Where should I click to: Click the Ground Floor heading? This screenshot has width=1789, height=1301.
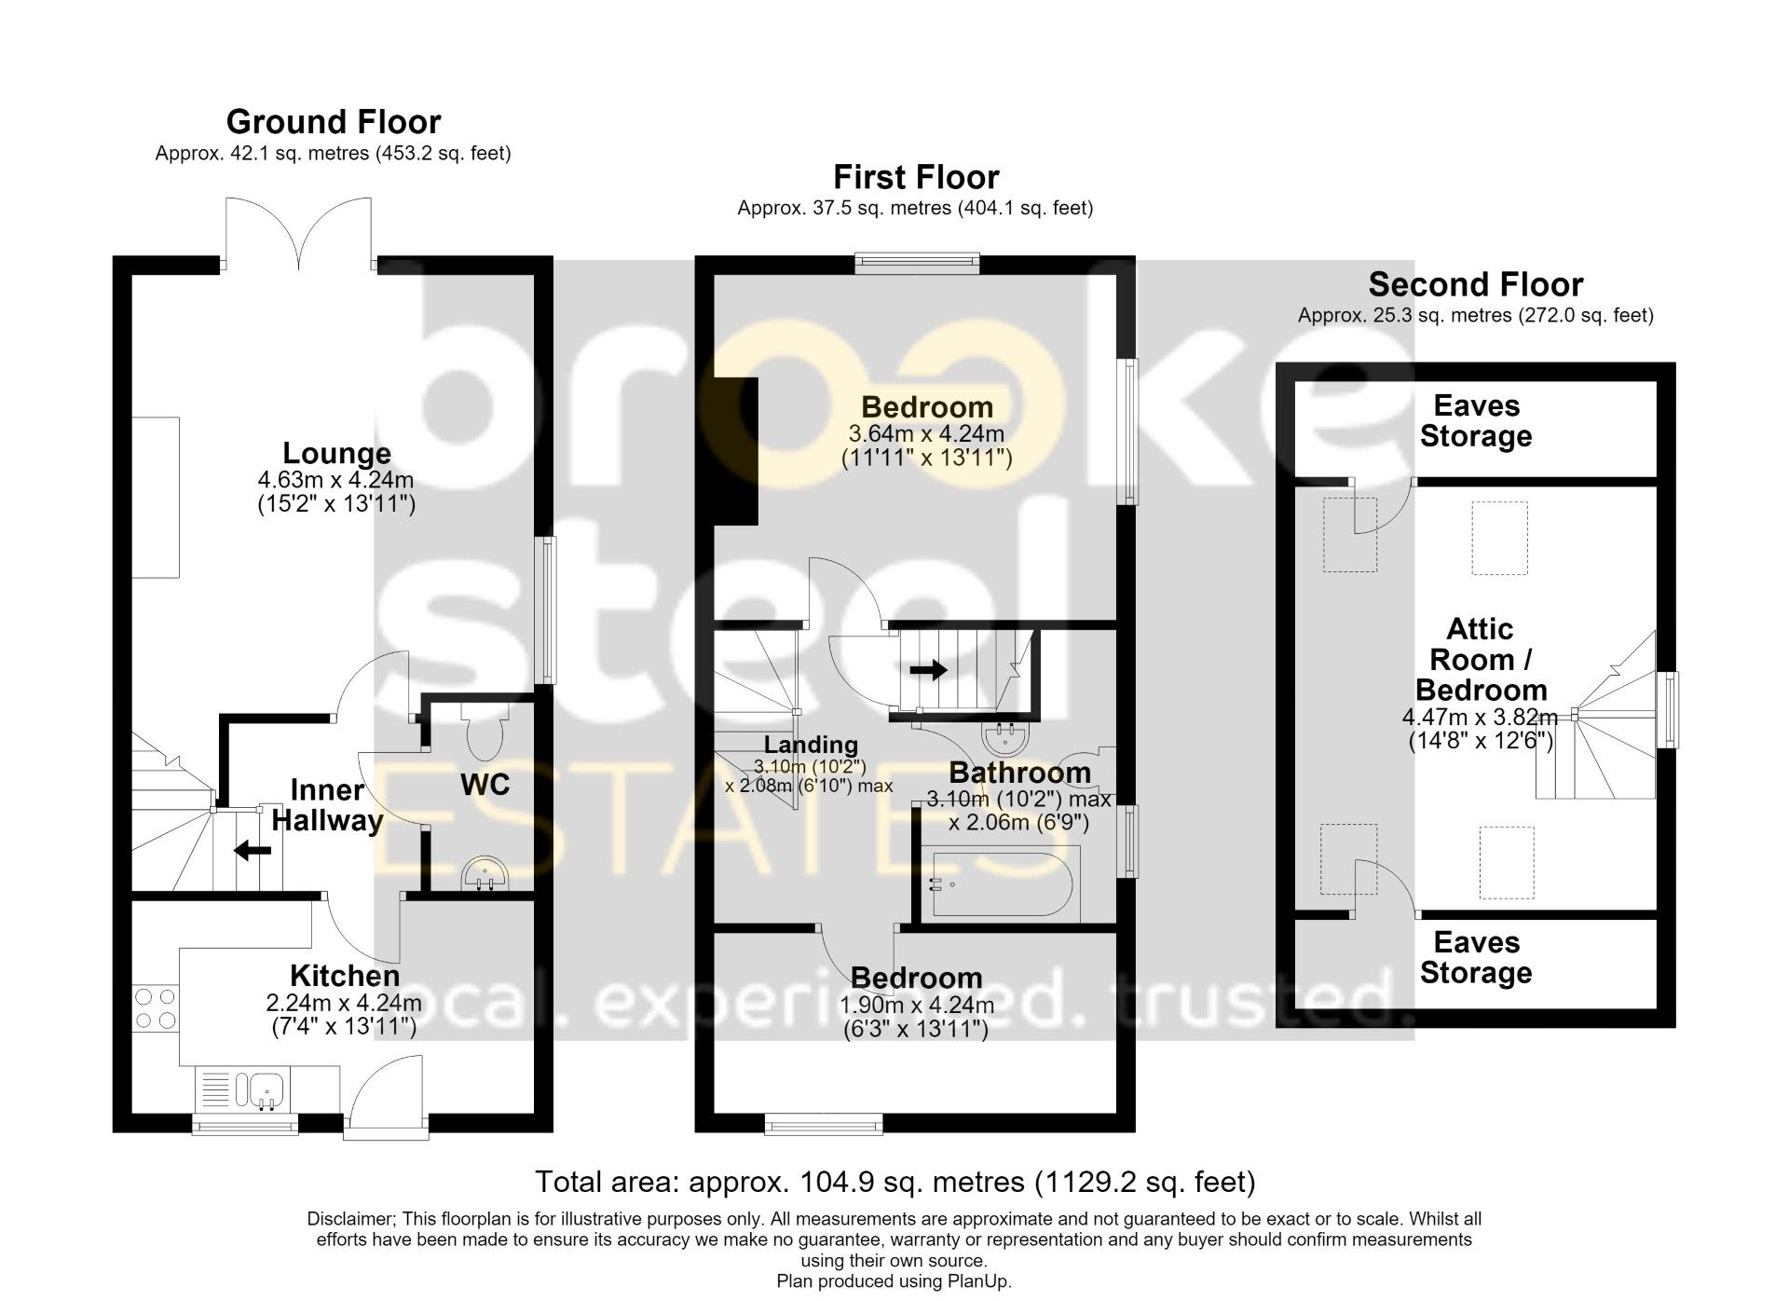pos(334,122)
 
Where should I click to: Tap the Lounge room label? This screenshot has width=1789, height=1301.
pos(336,454)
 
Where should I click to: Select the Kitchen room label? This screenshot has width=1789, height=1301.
pos(345,976)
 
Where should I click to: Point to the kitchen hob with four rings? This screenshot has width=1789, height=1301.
pos(156,1008)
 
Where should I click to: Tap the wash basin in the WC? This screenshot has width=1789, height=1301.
pos(485,875)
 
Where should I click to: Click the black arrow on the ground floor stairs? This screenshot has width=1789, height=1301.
pos(252,850)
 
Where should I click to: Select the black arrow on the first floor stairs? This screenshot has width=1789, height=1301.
pos(928,669)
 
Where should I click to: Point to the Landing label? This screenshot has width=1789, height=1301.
pos(811,745)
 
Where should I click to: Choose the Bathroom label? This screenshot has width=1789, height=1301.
pos(1019,773)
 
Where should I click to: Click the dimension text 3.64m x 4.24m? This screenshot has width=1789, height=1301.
pos(926,434)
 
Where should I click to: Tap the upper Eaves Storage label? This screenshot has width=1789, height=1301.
pos(1476,421)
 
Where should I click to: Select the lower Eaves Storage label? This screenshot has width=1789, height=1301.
pos(1476,958)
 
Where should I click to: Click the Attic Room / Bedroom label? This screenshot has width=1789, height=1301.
pos(1481,660)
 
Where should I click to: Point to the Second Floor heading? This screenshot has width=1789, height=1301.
pos(1476,284)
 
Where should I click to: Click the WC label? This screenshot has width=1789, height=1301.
pos(485,785)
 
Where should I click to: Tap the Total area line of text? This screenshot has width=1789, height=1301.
pos(894,1183)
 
